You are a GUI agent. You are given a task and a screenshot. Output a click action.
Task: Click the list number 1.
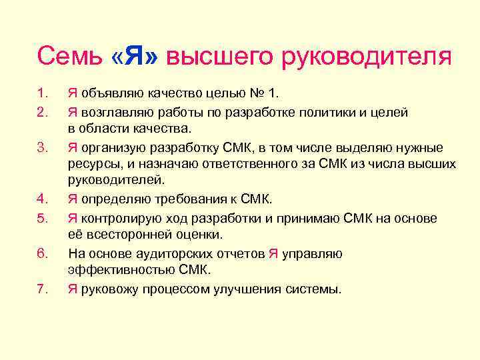(42, 92)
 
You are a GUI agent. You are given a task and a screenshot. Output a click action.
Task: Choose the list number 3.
(42, 147)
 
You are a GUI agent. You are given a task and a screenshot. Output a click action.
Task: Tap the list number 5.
(42, 219)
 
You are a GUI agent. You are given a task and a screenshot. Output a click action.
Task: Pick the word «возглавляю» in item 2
(115, 111)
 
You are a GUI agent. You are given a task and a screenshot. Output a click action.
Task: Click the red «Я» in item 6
(273, 253)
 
